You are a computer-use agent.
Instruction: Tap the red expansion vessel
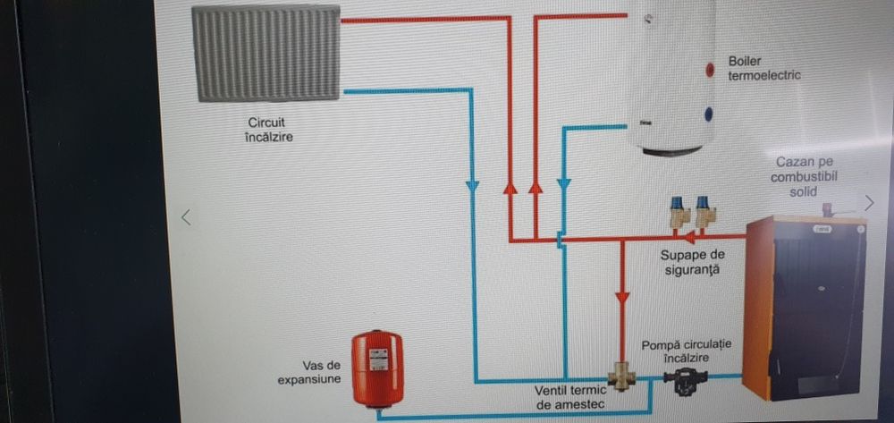pos(376,365)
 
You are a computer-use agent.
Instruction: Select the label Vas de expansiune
pos(321,372)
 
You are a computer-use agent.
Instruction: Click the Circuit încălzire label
pos(269,129)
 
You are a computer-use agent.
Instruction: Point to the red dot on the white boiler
pos(709,69)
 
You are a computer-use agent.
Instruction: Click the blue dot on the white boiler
pos(709,114)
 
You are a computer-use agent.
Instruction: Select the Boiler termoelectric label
pos(763,68)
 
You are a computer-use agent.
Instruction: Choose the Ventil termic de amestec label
pos(570,397)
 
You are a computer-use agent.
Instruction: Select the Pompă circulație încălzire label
pos(686,351)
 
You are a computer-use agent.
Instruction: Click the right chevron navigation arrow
pos(869,201)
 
